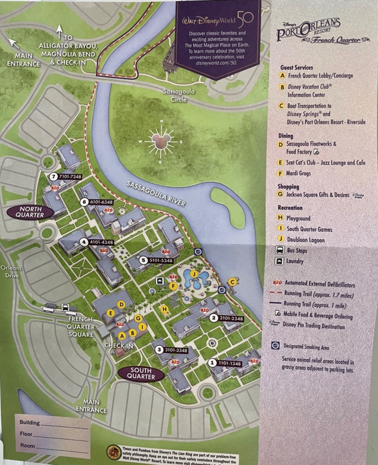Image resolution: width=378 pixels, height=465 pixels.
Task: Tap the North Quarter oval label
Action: [30, 212]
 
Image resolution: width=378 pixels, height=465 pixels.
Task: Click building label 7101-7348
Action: [66, 177]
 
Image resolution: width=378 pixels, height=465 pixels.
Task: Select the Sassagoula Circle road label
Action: [178, 96]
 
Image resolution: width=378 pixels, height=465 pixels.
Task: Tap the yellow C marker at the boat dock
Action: [232, 281]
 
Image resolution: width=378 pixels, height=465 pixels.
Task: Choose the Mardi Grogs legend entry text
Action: [298, 173]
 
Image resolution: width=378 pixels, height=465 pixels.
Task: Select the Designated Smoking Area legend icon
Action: [275, 346]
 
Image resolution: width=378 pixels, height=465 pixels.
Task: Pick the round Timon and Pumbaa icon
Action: [113, 452]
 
